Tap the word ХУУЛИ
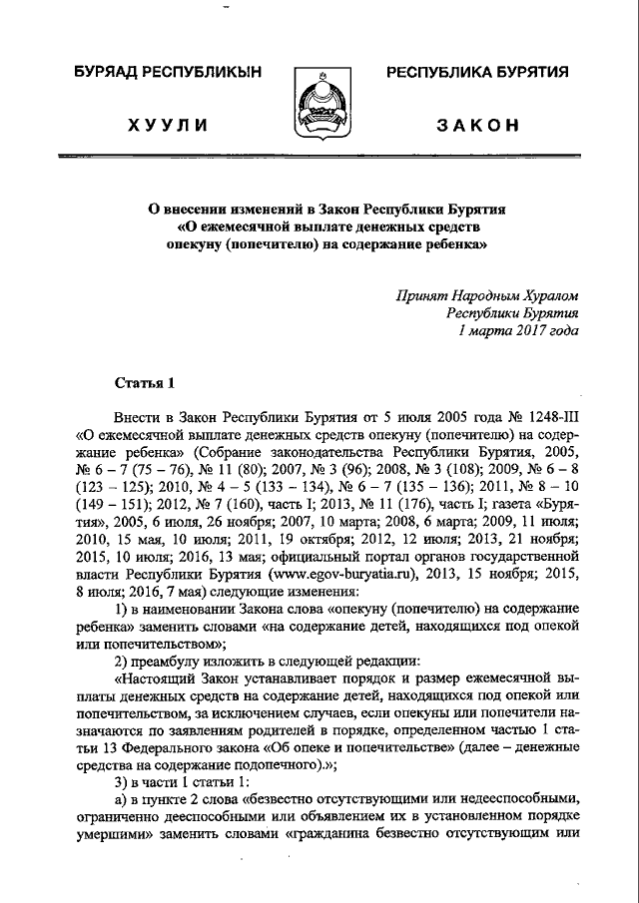pos(168,126)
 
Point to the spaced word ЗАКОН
pos(477,126)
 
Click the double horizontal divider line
pos(319,157)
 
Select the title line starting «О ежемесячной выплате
pos(319,226)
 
